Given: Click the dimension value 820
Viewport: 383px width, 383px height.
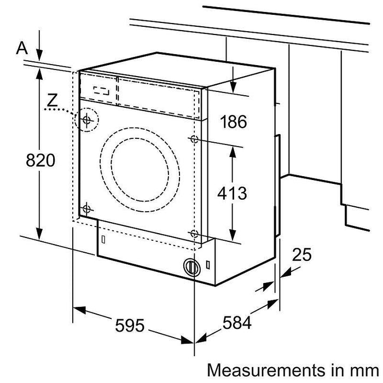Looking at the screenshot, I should (39, 160).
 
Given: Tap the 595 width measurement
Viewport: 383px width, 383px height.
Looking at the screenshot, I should (130, 326).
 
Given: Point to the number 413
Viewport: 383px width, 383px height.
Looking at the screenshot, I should (232, 193).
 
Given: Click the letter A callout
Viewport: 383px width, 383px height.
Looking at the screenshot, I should (22, 48).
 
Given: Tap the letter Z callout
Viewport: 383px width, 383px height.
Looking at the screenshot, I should (52, 100).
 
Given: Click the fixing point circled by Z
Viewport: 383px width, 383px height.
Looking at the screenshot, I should (87, 119).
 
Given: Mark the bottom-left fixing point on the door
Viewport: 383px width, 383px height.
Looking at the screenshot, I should (86, 208).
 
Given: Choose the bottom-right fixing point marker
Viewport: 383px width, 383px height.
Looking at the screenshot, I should (194, 234).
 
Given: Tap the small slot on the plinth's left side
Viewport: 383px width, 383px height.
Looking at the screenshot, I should (103, 239).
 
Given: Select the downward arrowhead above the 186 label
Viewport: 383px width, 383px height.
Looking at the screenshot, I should (233, 88).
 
